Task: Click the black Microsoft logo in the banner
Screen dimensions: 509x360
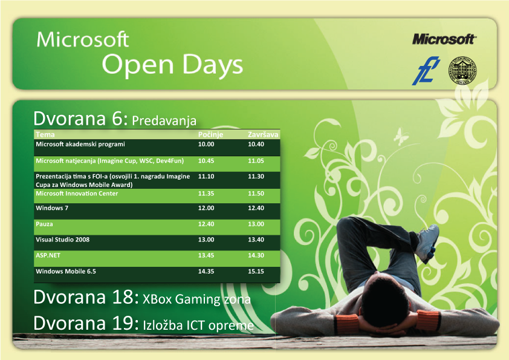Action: [x=444, y=39]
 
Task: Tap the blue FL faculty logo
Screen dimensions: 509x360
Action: [x=426, y=71]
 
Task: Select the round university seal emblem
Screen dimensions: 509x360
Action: [x=462, y=71]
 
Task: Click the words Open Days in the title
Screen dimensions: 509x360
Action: [x=172, y=64]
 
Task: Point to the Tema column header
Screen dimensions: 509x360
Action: [x=45, y=134]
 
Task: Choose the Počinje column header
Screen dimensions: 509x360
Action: [x=211, y=134]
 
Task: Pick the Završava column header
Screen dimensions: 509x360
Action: [x=263, y=134]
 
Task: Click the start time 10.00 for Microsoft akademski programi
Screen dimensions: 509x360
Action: [x=206, y=144]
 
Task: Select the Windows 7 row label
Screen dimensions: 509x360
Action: [x=52, y=208]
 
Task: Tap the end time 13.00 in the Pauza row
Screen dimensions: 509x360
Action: [x=256, y=224]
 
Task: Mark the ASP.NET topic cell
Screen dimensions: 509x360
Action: [x=48, y=255]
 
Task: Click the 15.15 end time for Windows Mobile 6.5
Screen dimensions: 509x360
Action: [x=256, y=271]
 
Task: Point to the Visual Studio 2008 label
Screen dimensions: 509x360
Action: [x=63, y=240]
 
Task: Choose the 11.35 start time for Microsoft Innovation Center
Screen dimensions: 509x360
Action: [x=206, y=194]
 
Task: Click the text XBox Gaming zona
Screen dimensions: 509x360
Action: [x=196, y=299]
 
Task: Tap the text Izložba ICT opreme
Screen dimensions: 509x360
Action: [x=198, y=326]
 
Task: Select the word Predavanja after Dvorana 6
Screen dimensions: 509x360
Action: [x=164, y=120]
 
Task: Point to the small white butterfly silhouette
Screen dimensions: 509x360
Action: [x=400, y=136]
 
